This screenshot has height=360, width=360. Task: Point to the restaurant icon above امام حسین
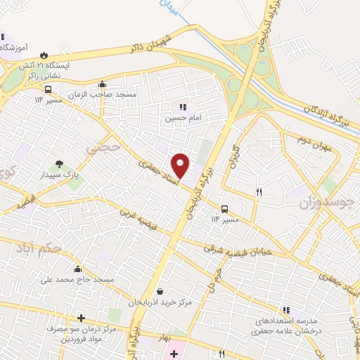click(x=183, y=107)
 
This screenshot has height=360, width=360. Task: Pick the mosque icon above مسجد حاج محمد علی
click(x=77, y=268)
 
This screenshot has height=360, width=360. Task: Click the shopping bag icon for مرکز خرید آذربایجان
click(x=161, y=290)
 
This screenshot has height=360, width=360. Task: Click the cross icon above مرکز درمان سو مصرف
click(x=81, y=317)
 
